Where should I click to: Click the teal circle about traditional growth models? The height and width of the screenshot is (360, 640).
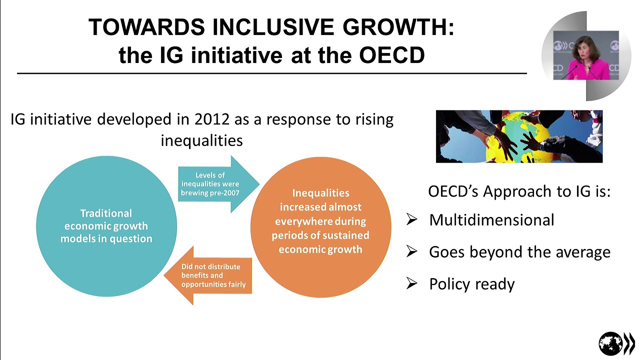106,226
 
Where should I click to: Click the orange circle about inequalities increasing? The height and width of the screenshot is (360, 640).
320,227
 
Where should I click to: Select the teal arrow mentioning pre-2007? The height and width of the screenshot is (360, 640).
215,184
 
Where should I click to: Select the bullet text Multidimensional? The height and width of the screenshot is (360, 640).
491,220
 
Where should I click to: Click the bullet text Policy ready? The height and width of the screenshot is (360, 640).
471,284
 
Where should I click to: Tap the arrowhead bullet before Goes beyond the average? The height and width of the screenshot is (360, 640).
411,251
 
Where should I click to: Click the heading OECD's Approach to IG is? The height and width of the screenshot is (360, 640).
519,191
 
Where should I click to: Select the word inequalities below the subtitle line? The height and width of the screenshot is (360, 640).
201,140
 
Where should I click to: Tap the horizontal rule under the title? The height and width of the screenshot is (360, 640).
271,73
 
